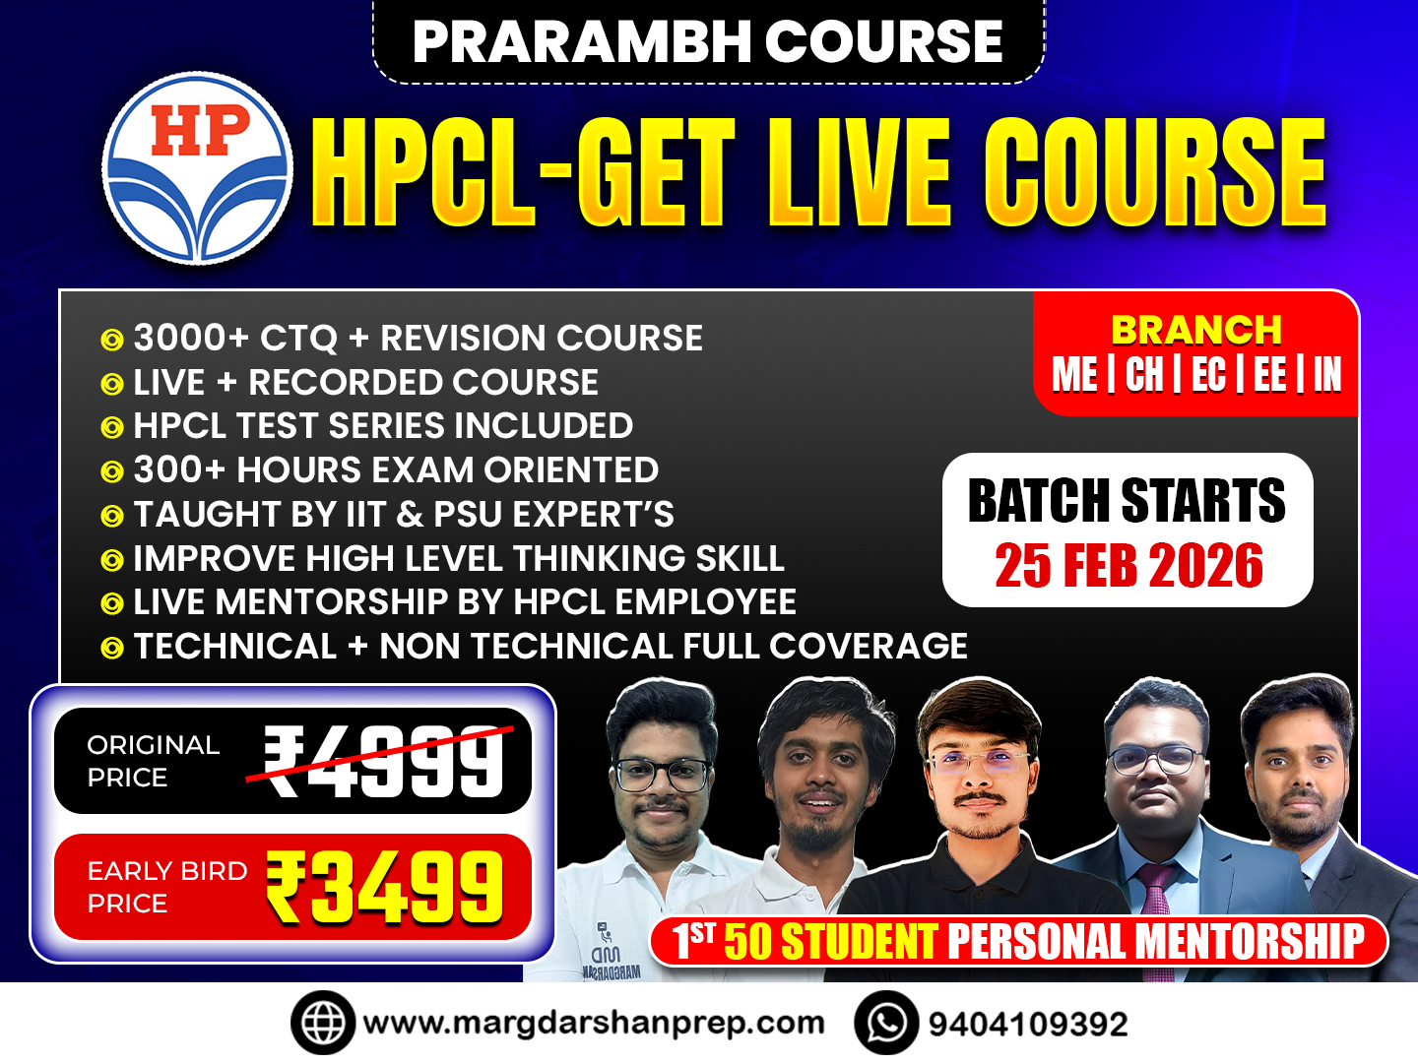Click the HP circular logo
click(198, 167)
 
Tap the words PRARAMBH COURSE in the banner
click(707, 41)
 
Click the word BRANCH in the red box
click(1196, 330)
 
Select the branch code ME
click(1074, 375)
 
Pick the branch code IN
click(1326, 375)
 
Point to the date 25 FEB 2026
click(1128, 566)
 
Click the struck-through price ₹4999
click(385, 761)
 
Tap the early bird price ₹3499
click(385, 888)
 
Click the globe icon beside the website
click(322, 1024)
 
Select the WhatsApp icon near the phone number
click(886, 1024)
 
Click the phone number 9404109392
click(1028, 1025)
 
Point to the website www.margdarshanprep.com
click(593, 1024)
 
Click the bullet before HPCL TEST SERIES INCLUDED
click(112, 427)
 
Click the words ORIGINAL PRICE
click(152, 761)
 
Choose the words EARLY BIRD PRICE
click(165, 887)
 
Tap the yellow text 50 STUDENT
click(829, 942)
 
